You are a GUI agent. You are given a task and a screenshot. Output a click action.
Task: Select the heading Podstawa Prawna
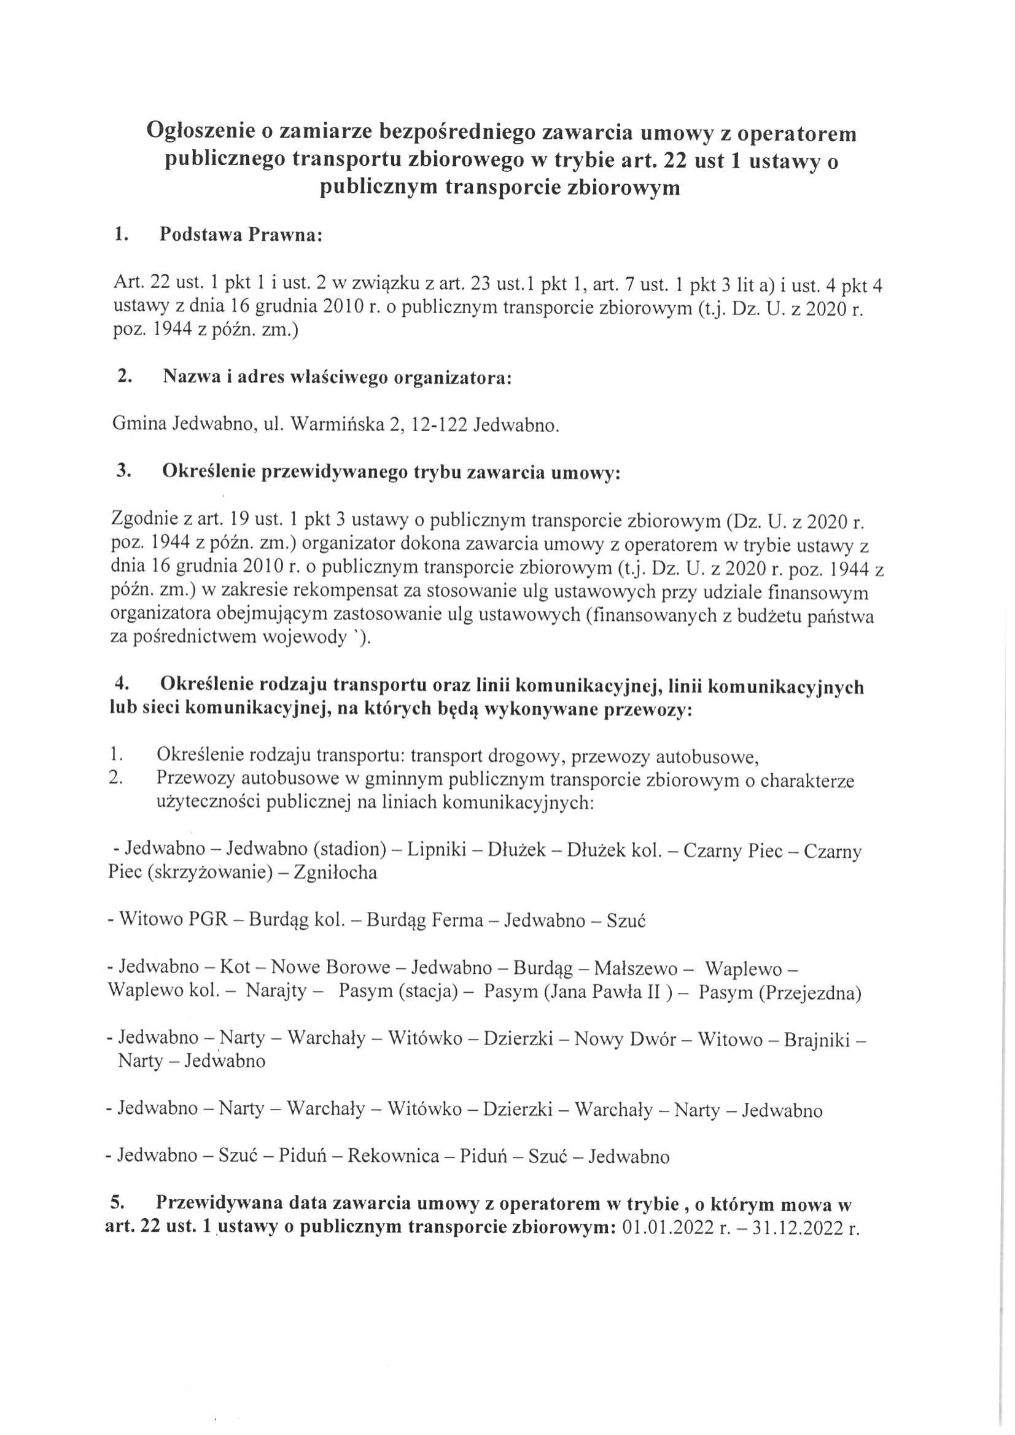point(241,236)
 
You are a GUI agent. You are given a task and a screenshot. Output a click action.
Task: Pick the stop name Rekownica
point(393,1156)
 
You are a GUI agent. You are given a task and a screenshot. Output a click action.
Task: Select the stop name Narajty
point(276,992)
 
